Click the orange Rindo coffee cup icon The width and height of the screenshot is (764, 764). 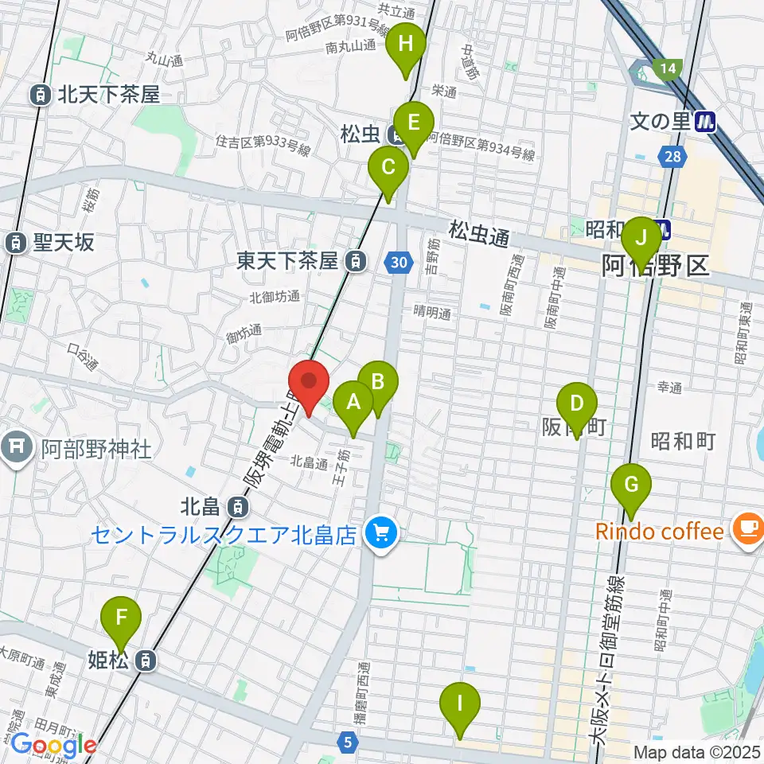[x=747, y=529]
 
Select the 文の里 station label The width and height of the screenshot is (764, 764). [x=662, y=122]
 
